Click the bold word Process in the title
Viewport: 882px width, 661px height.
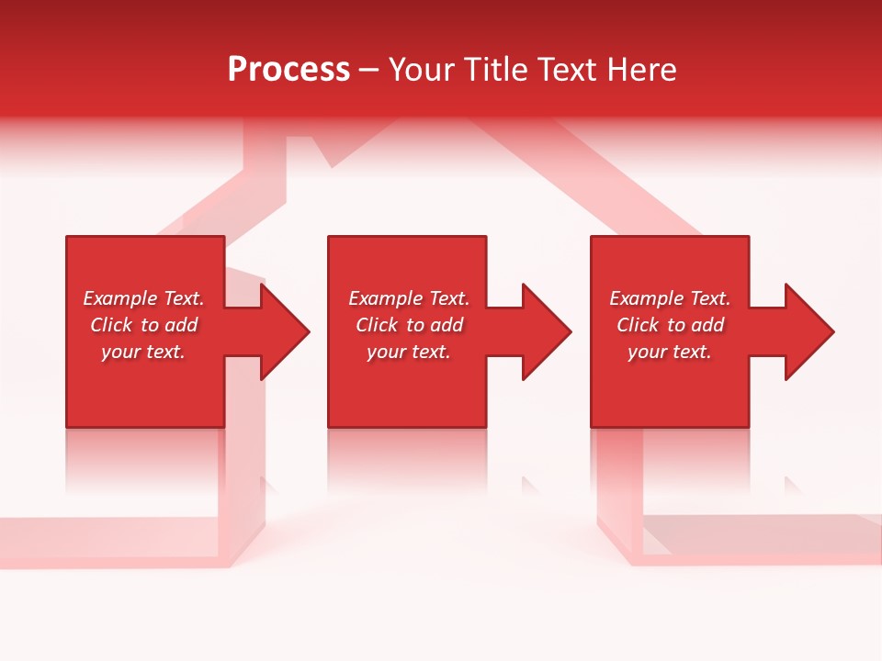(x=288, y=70)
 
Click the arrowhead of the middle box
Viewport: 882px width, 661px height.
(x=546, y=331)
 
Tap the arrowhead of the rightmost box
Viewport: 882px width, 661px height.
(x=808, y=331)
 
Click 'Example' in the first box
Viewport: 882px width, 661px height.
(x=120, y=298)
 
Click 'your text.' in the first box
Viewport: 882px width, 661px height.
(x=143, y=352)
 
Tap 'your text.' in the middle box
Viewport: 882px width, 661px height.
(x=408, y=352)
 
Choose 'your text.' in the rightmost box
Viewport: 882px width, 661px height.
(x=670, y=352)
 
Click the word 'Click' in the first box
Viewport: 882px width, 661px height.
(x=111, y=325)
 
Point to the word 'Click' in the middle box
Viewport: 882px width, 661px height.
(x=377, y=325)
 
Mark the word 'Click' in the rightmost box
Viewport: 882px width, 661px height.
(x=638, y=325)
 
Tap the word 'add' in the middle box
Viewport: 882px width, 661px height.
(x=447, y=325)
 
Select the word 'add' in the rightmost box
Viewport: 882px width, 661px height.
(x=707, y=325)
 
